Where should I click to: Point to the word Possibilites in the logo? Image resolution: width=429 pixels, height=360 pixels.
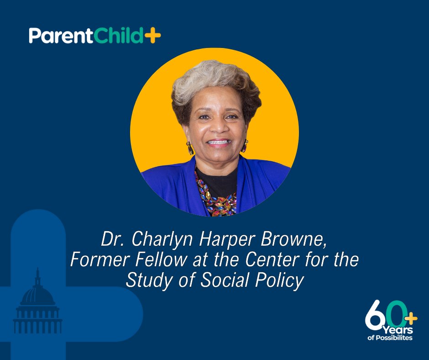click(394, 338)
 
